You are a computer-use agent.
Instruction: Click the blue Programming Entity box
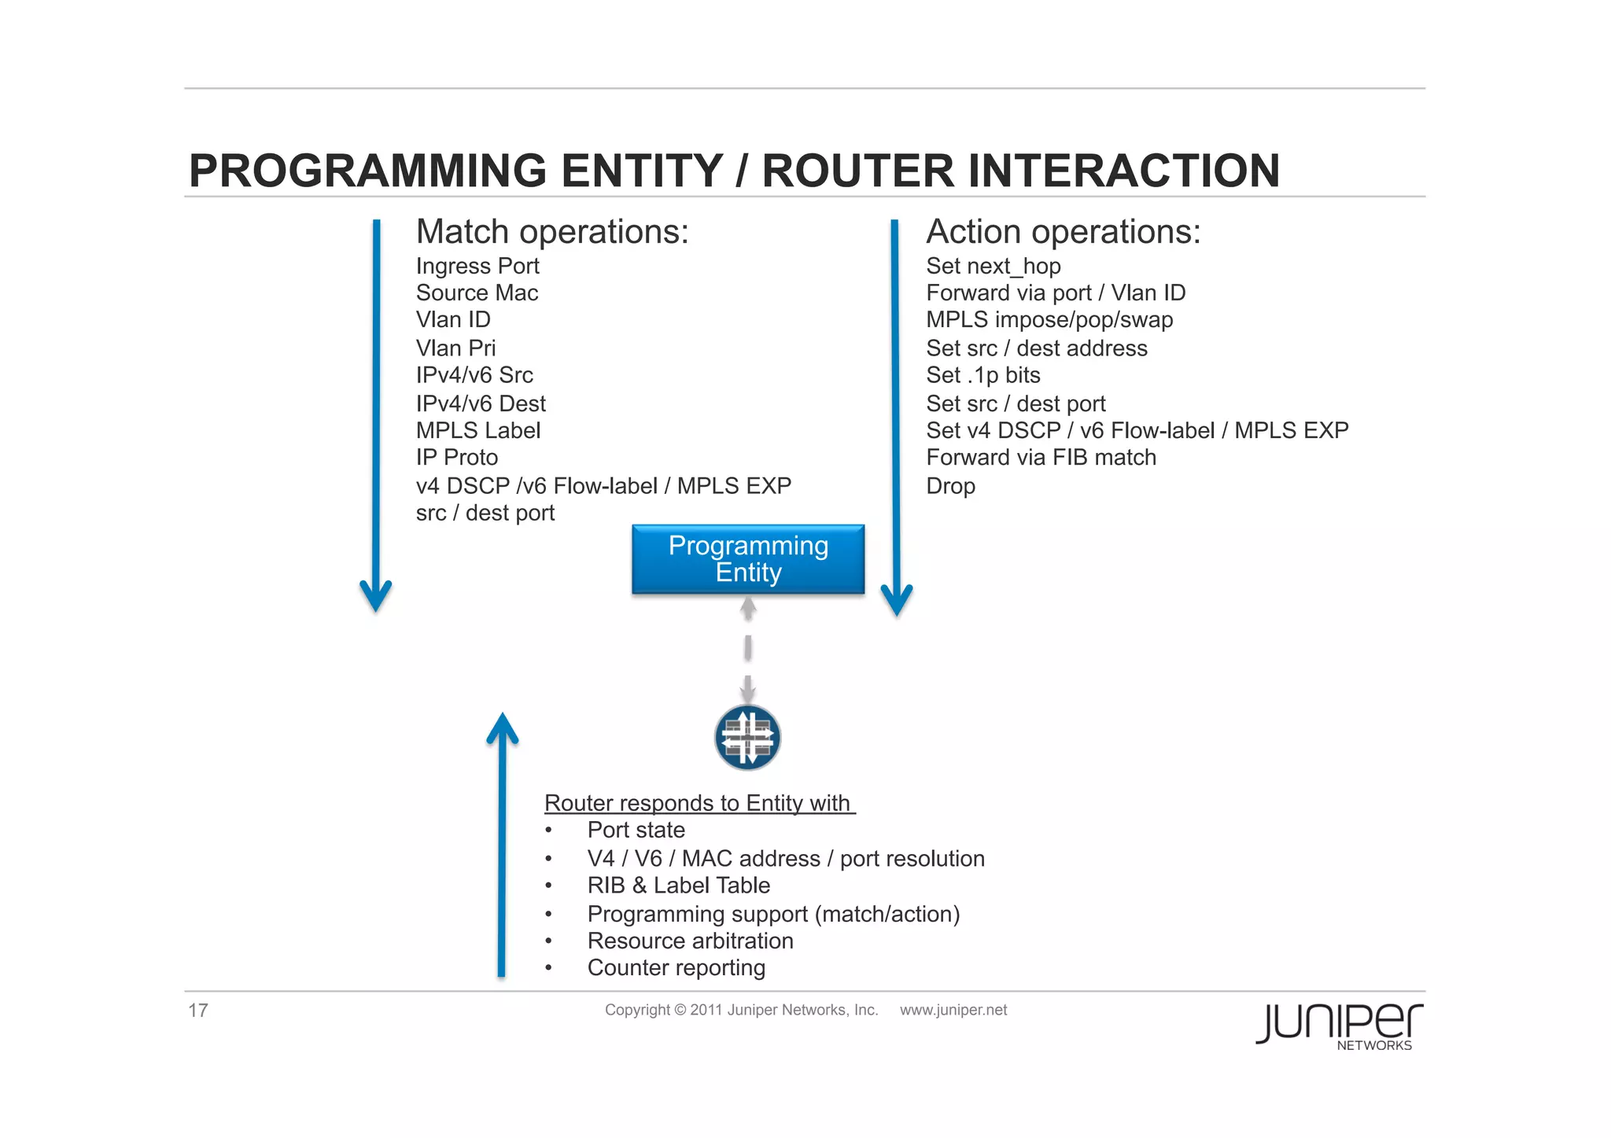[747, 558]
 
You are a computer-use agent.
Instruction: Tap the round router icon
[747, 737]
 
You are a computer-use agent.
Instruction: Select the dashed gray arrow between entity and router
[748, 649]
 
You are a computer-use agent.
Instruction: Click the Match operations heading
[551, 232]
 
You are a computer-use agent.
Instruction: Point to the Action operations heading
[1063, 232]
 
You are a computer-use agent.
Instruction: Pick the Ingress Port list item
[477, 266]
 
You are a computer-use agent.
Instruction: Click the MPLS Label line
[477, 430]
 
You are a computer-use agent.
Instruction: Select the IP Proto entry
[456, 458]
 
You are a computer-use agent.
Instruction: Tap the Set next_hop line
[993, 266]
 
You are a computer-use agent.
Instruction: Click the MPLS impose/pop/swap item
[1049, 320]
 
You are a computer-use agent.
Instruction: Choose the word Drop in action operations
[950, 486]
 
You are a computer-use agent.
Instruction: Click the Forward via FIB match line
[1040, 458]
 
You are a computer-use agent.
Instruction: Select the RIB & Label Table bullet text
[678, 886]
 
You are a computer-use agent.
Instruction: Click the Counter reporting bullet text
[676, 968]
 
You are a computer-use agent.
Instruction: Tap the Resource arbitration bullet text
[690, 941]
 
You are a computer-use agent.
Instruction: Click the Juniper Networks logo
[1338, 1026]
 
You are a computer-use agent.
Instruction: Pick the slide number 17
[197, 1011]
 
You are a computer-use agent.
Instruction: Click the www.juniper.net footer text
[953, 1011]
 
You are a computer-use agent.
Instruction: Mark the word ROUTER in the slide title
[857, 171]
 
